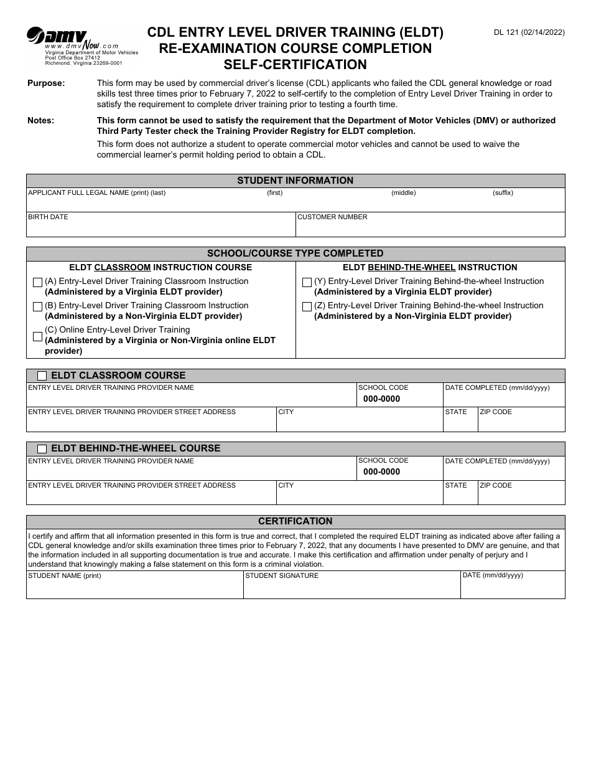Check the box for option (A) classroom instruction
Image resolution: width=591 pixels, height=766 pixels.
tap(37, 283)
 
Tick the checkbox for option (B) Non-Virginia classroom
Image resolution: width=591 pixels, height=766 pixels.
tap(37, 307)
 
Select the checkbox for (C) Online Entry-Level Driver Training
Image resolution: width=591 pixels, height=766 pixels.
tap(37, 337)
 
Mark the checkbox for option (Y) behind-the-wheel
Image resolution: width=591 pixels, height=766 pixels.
tap(307, 283)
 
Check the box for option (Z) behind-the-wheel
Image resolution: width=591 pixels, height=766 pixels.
tap(307, 307)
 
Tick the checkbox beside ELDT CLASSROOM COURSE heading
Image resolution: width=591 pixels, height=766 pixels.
tap(42, 376)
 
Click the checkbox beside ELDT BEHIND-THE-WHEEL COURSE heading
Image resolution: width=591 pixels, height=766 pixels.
tap(42, 449)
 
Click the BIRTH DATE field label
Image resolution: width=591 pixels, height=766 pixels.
tap(48, 217)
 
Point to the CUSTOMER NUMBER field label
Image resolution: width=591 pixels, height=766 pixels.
tap(332, 217)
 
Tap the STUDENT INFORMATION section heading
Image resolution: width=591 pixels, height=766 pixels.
tap(295, 181)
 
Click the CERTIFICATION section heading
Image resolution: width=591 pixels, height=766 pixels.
tap(295, 521)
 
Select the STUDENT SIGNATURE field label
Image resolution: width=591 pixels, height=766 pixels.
tap(282, 576)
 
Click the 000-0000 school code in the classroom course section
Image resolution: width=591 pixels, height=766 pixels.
tap(381, 399)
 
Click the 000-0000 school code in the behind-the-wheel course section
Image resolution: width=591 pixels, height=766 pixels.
tap(381, 472)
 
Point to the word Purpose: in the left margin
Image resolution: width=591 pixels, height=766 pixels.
tap(46, 83)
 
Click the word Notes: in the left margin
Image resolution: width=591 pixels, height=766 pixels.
tap(40, 121)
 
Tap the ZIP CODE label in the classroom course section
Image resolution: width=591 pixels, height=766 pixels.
tap(496, 412)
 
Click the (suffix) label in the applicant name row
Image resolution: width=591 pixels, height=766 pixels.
tap(503, 193)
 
